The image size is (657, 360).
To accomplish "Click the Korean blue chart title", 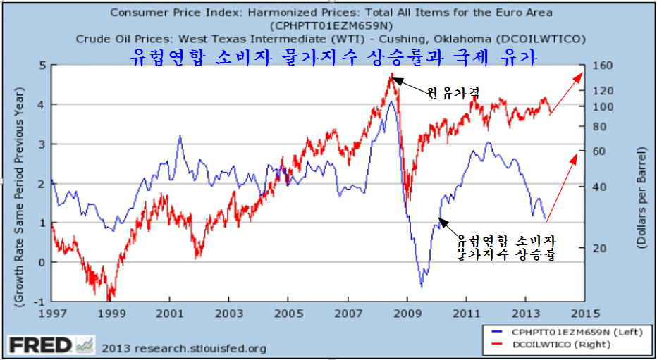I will pos(335,56).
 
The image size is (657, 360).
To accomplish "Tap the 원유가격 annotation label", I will pos(452,92).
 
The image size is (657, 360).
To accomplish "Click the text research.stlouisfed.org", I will pos(185,347).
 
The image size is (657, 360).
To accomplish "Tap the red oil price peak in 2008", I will pos(391,73).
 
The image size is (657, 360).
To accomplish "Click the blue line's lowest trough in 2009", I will pos(421,286).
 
